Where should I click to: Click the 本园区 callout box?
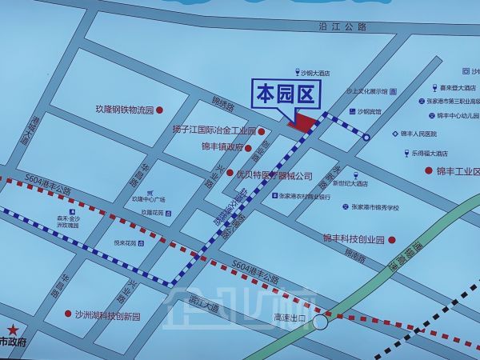click(x=287, y=95)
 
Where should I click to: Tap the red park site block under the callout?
click(x=302, y=122)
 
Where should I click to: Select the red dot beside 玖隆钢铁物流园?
click(x=159, y=110)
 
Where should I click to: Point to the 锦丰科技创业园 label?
click(x=354, y=239)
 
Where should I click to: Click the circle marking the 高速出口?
click(x=321, y=322)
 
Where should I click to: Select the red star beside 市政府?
click(x=12, y=328)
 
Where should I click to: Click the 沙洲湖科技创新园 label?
click(x=107, y=315)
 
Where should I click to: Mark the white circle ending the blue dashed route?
click(x=366, y=138)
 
